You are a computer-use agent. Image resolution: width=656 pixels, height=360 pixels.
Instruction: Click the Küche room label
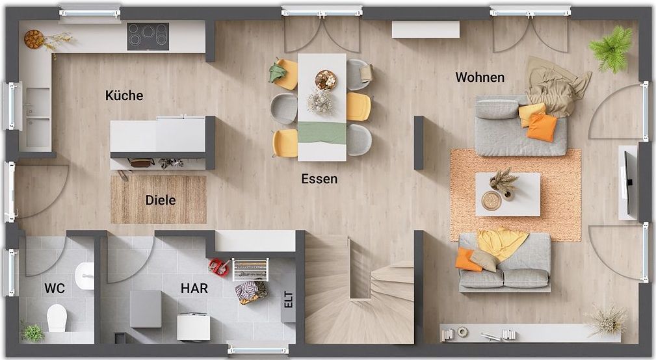coord(124,96)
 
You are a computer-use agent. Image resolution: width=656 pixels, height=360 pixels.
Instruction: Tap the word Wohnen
coord(480,77)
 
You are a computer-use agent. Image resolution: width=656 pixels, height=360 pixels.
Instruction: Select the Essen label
coord(319,179)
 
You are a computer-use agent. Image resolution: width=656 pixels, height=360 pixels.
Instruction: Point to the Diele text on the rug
coord(160,200)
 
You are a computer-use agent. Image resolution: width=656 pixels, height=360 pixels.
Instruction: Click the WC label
coord(55,288)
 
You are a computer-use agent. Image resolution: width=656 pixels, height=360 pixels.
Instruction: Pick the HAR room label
coord(194,288)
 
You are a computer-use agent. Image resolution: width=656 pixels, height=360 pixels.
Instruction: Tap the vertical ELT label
coord(288,300)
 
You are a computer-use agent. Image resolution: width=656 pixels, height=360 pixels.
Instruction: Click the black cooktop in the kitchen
coord(148,36)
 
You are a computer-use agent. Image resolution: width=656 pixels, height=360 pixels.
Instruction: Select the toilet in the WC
coord(57,318)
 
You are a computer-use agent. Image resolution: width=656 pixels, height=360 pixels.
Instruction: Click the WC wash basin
coord(85,276)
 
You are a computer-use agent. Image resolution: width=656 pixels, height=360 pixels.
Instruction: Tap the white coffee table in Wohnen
coord(508,194)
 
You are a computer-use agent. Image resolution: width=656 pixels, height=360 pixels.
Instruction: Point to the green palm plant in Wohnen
coord(611,49)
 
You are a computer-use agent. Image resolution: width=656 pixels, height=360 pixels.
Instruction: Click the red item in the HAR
coord(219,267)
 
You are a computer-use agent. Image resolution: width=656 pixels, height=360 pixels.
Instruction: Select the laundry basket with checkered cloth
coord(251,291)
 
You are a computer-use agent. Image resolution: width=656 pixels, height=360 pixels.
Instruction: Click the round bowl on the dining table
coord(326,79)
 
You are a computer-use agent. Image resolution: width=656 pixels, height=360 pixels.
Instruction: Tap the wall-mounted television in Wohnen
coord(627,183)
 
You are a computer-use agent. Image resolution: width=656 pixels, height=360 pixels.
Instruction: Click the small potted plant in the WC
coord(33,333)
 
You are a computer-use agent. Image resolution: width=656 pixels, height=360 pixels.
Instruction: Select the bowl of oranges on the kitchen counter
coord(34,39)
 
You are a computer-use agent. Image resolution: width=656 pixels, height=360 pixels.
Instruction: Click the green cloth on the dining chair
coord(277,72)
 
